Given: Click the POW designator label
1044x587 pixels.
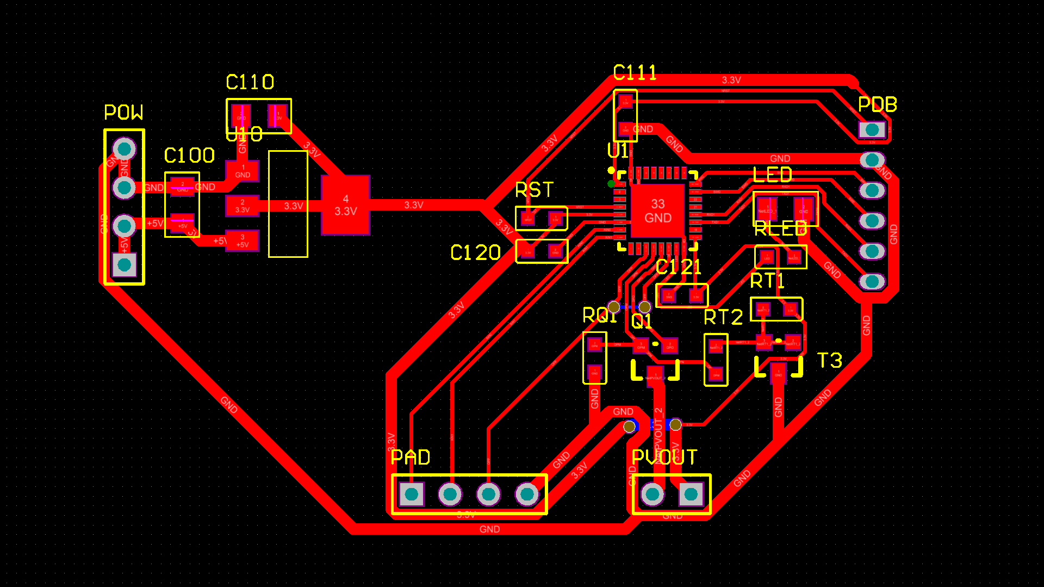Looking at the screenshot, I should (x=123, y=113).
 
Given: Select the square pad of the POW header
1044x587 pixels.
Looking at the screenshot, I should (x=124, y=265).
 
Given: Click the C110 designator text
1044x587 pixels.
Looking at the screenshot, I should (x=250, y=82).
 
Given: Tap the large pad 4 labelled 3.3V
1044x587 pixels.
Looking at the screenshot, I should (x=346, y=205).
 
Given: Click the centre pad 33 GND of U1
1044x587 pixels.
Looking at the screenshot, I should (x=657, y=211).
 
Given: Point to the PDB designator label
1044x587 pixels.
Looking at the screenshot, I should (x=877, y=104).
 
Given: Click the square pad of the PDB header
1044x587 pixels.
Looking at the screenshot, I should (x=872, y=129).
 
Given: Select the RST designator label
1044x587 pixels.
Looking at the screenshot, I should (x=534, y=190).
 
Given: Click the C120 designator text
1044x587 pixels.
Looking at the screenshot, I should (x=475, y=252).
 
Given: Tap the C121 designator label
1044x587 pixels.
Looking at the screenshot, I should (x=678, y=267).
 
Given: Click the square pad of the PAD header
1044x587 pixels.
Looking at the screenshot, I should (x=412, y=494).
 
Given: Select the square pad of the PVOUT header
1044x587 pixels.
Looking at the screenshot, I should (x=691, y=494).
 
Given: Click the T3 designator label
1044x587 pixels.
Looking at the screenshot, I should (x=829, y=360).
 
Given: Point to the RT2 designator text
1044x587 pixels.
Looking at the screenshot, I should (x=723, y=317).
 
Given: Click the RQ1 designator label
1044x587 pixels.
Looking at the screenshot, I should (x=600, y=315).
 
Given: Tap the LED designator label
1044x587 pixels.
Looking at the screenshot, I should (x=772, y=175).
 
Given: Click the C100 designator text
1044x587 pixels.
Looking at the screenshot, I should (x=189, y=156).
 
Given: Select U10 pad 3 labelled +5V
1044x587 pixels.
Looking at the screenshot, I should (x=243, y=241).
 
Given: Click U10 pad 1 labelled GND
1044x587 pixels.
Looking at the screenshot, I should (x=243, y=171).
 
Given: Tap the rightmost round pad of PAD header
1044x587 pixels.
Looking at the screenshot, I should (x=527, y=494).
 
